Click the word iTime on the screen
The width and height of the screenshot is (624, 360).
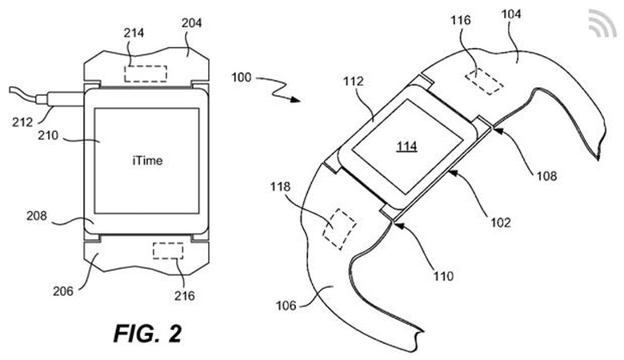click(147, 161)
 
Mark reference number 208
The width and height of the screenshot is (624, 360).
click(58, 215)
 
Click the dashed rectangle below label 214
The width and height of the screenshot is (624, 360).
click(146, 73)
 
